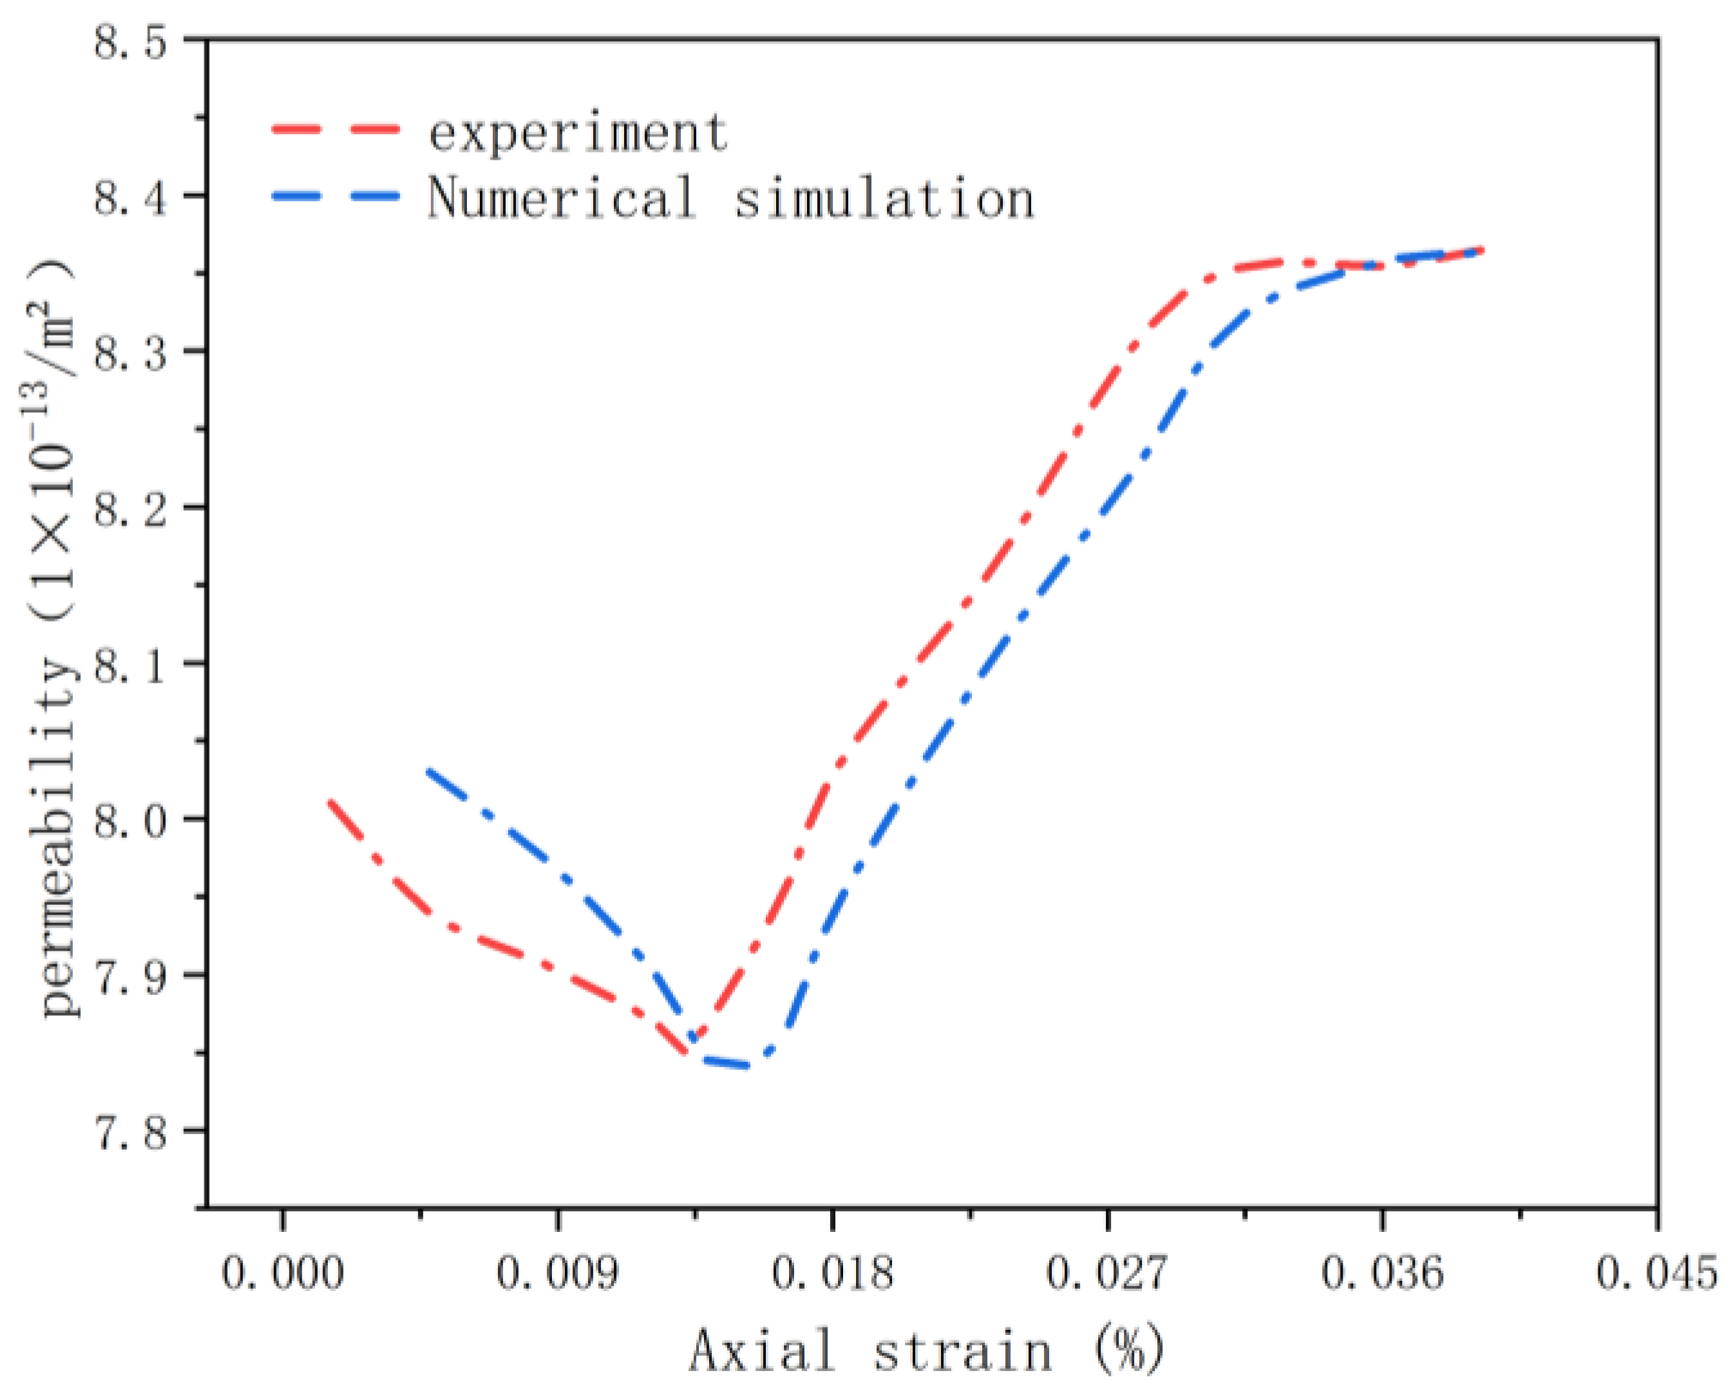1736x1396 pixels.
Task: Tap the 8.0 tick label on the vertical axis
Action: tap(131, 821)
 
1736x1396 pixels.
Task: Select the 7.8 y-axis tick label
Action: tap(131, 1132)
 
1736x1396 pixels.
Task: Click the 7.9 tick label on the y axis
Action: tap(131, 977)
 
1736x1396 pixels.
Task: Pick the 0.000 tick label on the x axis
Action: tap(282, 1272)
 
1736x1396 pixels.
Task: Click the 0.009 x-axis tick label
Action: tap(557, 1272)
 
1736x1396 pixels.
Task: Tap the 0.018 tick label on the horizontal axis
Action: tap(832, 1272)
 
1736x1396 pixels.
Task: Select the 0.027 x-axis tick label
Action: tap(1107, 1272)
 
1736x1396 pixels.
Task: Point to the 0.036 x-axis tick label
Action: tap(1382, 1272)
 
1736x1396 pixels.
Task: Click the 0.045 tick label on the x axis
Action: tap(1657, 1272)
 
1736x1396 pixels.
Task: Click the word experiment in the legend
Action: tap(578, 134)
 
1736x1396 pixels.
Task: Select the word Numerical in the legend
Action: tap(561, 197)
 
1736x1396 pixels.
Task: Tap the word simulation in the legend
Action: tap(884, 197)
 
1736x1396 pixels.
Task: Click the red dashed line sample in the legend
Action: tap(336, 130)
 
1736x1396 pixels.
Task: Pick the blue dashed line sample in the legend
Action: tap(336, 195)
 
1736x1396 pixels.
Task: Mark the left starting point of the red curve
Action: tap(329, 800)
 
